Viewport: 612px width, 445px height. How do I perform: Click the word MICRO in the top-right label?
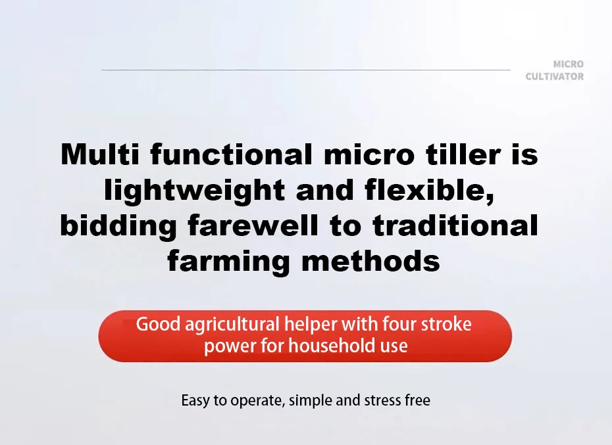[568, 64]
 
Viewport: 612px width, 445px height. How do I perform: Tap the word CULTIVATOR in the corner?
[554, 77]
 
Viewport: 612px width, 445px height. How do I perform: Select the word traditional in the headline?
[456, 226]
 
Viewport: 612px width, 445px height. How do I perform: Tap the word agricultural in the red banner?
[233, 325]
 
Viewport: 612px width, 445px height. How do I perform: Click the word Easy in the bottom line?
[195, 400]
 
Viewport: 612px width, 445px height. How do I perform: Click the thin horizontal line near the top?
[306, 69]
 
